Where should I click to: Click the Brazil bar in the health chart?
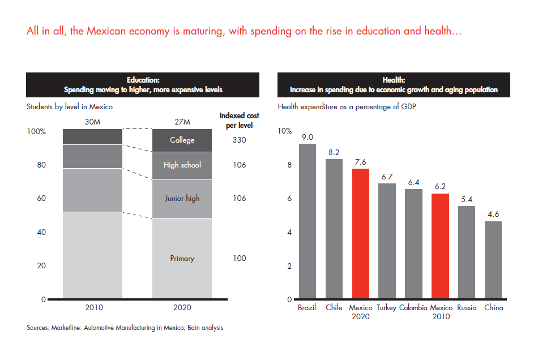tap(308, 221)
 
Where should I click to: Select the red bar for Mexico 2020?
tap(360, 233)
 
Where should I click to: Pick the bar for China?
tap(493, 260)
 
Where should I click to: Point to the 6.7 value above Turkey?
tap(387, 176)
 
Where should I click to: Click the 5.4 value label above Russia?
tap(467, 199)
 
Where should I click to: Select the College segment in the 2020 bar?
tap(182, 140)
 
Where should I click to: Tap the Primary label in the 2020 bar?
tap(182, 258)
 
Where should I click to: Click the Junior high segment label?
tap(182, 198)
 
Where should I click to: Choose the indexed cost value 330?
tap(239, 140)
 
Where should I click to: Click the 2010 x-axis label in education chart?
tap(92, 308)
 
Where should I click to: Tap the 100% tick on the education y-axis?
tap(37, 131)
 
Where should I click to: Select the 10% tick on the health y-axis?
tap(285, 131)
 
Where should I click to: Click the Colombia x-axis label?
tap(413, 308)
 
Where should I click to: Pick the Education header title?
tap(143, 80)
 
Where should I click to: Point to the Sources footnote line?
tap(125, 328)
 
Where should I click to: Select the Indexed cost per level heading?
tap(239, 120)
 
